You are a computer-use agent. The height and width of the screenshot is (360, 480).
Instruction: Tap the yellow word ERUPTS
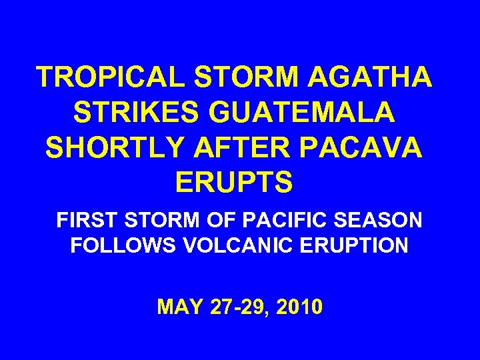click(233, 182)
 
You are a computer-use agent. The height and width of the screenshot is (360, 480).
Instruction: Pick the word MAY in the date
click(177, 307)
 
